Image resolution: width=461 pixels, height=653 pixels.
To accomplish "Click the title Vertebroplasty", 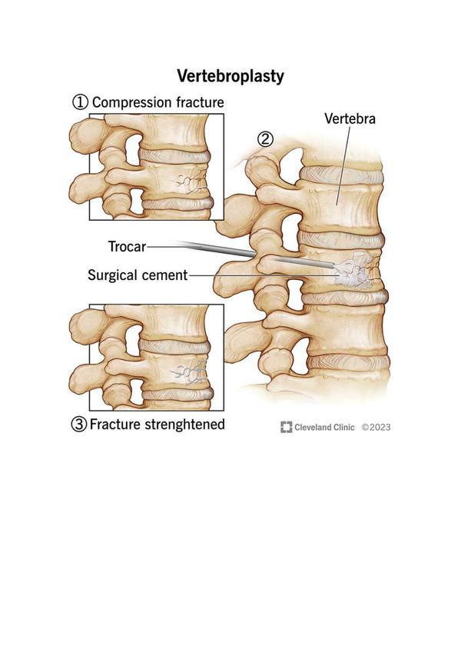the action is pos(230,76).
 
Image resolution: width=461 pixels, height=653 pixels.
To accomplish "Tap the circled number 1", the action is pos(80,102).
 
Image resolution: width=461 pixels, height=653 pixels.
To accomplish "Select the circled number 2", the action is pos(265,139).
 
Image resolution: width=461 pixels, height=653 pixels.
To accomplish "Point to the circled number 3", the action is pos(79,425).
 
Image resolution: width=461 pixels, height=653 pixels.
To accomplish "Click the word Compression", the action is pos(132,102).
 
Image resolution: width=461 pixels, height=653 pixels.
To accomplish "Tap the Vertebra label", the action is pos(350,118).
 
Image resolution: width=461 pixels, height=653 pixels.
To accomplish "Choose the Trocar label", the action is pos(127,247).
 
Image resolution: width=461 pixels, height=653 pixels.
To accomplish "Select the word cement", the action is pos(164,275).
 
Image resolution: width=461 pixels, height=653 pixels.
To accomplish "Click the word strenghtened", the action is pos(184,425).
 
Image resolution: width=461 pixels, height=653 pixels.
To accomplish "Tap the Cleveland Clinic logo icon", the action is pos(287,427).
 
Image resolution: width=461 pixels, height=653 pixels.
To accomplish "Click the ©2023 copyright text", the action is pos(376,428).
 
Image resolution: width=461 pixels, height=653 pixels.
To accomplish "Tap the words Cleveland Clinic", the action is pos(324,428).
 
